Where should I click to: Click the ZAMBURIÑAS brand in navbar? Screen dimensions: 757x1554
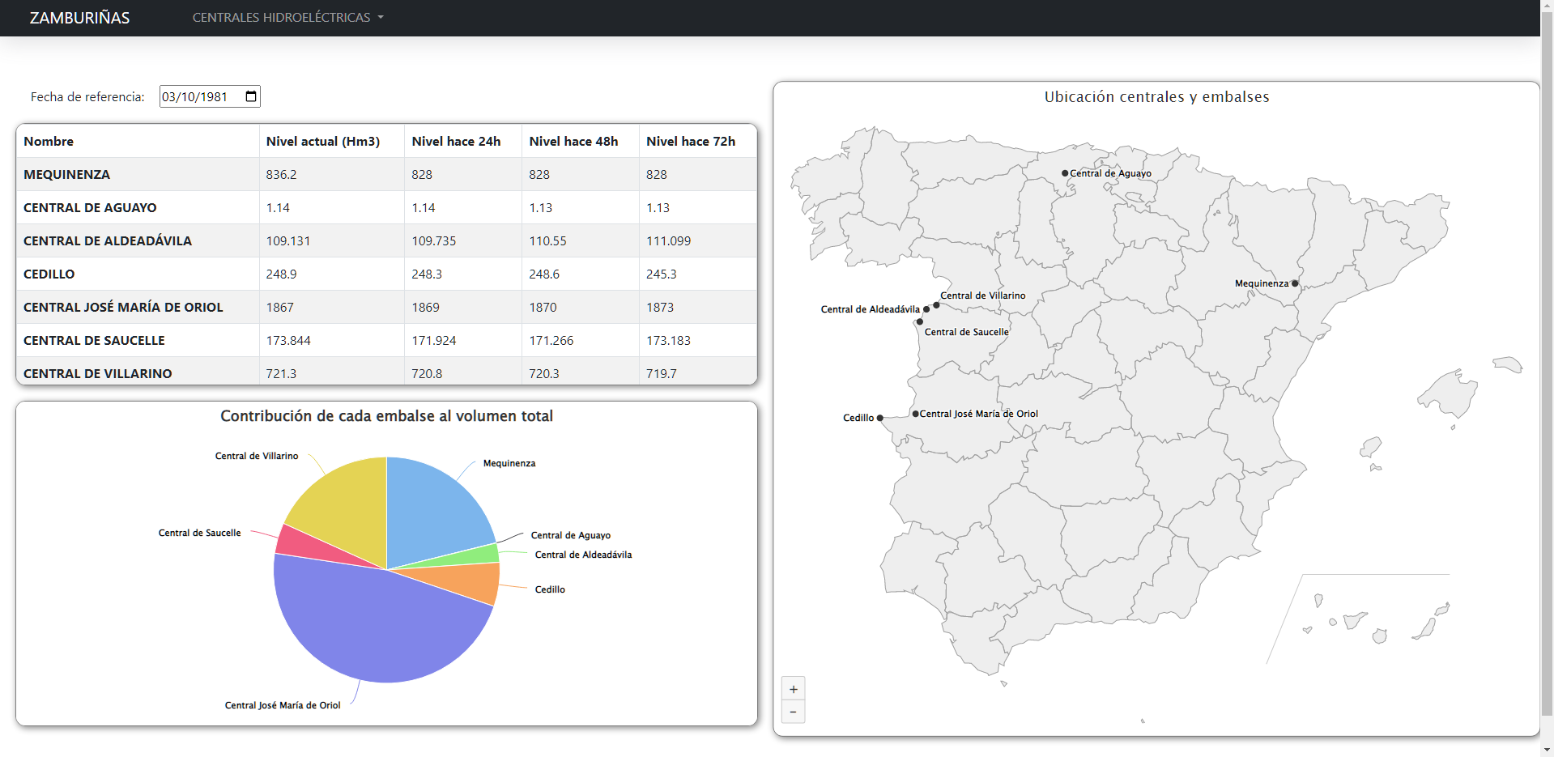tap(79, 18)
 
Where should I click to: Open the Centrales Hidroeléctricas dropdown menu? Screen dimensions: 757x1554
tap(287, 18)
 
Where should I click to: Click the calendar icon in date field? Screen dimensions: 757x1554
tap(251, 96)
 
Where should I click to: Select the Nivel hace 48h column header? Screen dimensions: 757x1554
tap(573, 141)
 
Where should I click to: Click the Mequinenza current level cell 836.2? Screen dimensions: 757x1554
tap(281, 174)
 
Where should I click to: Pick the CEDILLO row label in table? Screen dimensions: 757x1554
tap(49, 274)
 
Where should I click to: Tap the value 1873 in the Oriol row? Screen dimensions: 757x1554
tap(660, 307)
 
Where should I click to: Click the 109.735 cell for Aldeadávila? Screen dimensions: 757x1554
tap(433, 240)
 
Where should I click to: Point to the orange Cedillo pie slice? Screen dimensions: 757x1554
tap(470, 583)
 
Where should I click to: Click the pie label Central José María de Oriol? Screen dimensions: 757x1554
tap(283, 705)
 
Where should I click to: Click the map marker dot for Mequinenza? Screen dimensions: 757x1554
tap(1295, 283)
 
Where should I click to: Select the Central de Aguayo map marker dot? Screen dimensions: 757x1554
tap(1065, 173)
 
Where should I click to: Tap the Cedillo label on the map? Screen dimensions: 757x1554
tap(858, 418)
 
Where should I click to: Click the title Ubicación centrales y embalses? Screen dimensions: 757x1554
tap(1156, 97)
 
